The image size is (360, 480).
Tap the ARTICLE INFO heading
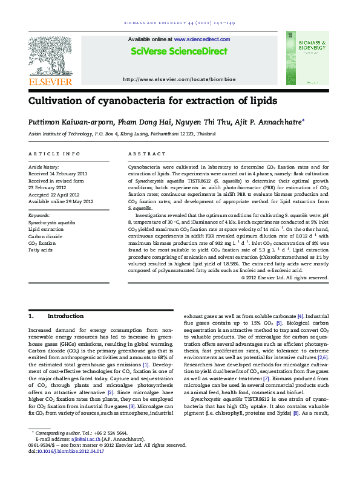[54, 154]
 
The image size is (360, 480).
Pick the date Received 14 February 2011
[58, 174]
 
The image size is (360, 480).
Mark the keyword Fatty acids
[40, 250]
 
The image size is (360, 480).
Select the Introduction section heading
[65, 316]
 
